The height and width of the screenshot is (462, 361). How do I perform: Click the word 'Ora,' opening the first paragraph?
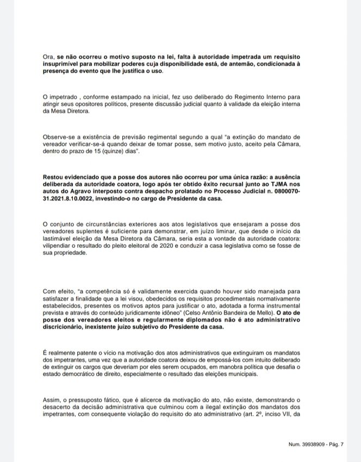click(48, 57)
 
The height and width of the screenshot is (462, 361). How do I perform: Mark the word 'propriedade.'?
click(64, 257)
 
